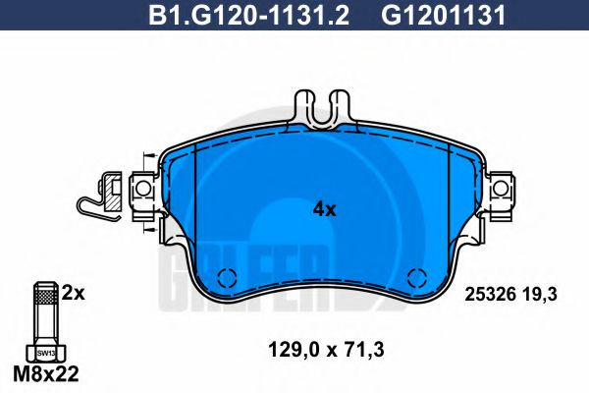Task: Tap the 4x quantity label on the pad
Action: (x=324, y=209)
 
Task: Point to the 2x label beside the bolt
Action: (x=75, y=292)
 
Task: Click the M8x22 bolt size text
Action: (x=46, y=375)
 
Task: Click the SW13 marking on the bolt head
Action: (x=45, y=352)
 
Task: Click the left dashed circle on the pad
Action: (x=227, y=278)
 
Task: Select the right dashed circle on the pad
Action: (x=417, y=278)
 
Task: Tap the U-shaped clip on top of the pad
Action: (x=324, y=110)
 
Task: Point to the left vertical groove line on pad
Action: (x=196, y=196)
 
